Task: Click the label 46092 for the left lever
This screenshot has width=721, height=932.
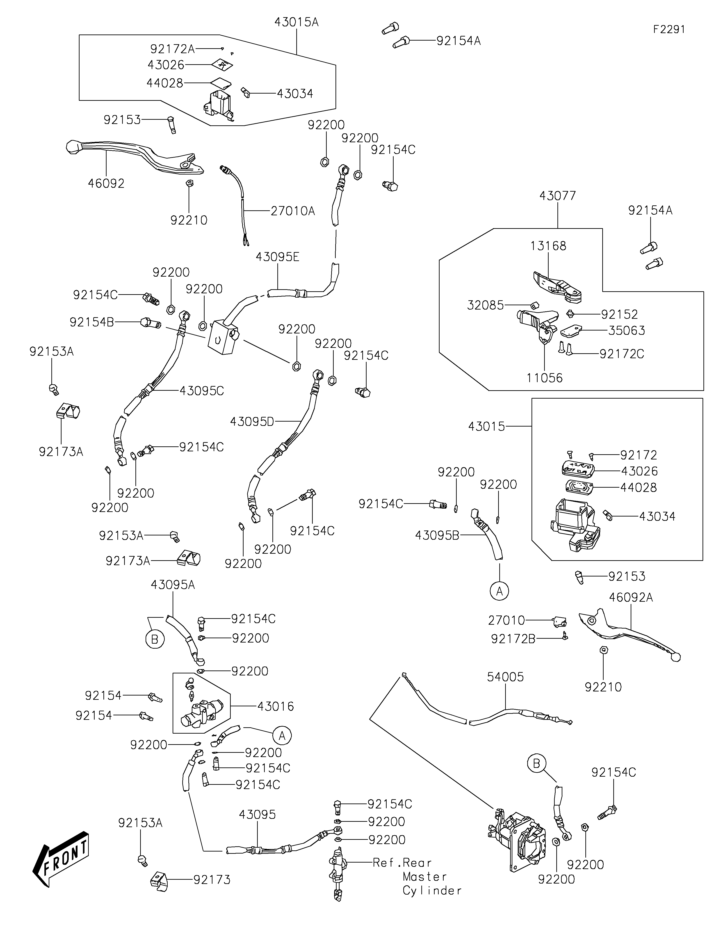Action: click(106, 184)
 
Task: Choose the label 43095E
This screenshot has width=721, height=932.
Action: click(278, 257)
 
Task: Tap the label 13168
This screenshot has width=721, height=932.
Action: click(548, 246)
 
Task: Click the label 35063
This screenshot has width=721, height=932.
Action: click(626, 331)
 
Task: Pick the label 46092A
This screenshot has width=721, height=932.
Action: click(631, 597)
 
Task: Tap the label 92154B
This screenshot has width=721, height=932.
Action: click(92, 322)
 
